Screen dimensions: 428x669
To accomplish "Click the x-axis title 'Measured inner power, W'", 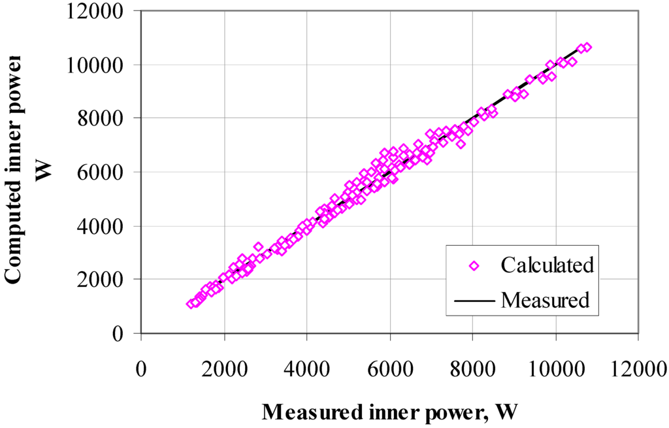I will [390, 412].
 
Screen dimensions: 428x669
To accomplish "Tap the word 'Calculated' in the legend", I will [547, 265].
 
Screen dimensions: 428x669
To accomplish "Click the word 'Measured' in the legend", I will [546, 300].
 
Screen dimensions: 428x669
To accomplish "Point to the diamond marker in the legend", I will [475, 265].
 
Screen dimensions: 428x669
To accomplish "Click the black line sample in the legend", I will [475, 301].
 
